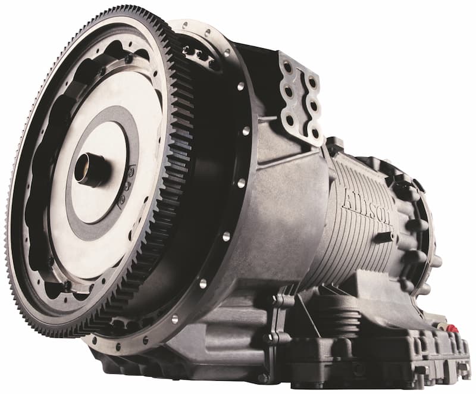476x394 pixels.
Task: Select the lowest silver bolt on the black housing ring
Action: coord(175,319)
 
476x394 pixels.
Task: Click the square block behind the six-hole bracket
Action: coord(334,145)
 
